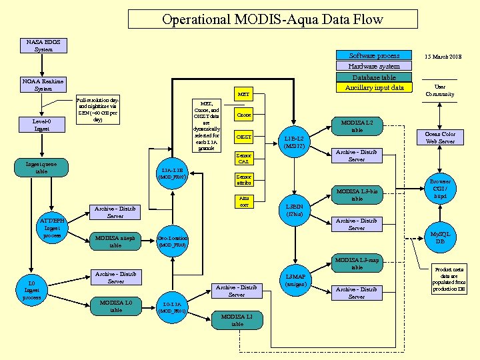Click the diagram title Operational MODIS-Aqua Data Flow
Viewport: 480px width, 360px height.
(x=272, y=19)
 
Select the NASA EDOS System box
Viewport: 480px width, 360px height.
(x=43, y=45)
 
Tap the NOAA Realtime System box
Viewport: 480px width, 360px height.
(x=43, y=85)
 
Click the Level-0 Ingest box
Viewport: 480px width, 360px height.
(x=42, y=125)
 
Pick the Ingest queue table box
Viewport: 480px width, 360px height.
(x=41, y=168)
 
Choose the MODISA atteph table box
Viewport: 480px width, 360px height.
(x=115, y=241)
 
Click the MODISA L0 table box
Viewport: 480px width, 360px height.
(x=115, y=306)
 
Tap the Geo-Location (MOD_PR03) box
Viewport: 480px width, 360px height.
(x=173, y=241)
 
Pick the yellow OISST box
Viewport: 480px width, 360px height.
(x=244, y=137)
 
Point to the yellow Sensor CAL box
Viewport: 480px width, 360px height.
(x=244, y=159)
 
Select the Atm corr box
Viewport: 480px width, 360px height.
(x=244, y=201)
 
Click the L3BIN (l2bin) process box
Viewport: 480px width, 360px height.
(x=294, y=211)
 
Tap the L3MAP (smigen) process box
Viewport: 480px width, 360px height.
(x=294, y=281)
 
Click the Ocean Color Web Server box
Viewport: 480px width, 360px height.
(x=440, y=137)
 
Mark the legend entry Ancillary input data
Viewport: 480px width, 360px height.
(x=375, y=87)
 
